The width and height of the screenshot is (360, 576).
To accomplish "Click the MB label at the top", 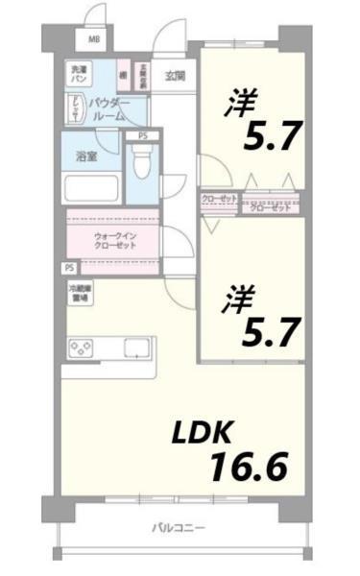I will [x=94, y=39].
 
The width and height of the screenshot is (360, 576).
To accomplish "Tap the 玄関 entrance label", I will [x=173, y=75].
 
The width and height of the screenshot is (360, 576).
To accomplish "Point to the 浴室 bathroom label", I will [x=86, y=156].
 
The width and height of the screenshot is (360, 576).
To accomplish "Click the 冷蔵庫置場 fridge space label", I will [x=79, y=294].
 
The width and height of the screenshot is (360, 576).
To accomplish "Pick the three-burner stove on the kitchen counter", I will [x=81, y=347].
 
